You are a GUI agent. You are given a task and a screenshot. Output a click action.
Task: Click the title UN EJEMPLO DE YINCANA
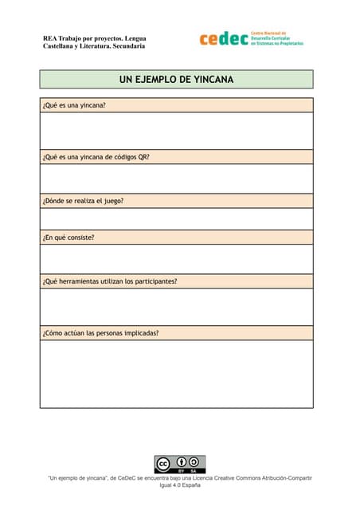176,80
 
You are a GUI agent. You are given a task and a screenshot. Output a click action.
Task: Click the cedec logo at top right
224,39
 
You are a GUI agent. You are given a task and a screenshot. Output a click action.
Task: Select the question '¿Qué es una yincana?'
74,105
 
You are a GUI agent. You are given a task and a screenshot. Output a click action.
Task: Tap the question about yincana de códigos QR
96,157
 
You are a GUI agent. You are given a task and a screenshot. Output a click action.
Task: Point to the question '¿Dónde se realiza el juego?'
83,201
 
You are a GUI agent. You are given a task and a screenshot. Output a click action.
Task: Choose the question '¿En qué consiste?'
68,237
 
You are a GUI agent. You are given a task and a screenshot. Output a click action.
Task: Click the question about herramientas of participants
110,281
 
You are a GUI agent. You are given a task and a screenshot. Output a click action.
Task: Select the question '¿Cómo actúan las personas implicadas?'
100,332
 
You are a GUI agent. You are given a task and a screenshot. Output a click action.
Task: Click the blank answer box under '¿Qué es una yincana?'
176,131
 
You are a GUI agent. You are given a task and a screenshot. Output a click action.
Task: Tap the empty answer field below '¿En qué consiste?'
176,259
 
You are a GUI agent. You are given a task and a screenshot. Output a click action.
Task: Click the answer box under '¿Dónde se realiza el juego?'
176,219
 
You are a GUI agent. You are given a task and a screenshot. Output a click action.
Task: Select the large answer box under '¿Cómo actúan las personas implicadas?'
176,374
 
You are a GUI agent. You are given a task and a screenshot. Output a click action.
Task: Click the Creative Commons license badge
179,465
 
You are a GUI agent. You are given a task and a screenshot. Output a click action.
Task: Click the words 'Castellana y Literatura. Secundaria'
94,46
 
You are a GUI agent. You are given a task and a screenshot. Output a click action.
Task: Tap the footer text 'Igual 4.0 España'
180,485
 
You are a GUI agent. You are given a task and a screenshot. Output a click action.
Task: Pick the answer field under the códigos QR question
176,178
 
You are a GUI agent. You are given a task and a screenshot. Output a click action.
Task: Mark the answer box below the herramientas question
176,307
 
